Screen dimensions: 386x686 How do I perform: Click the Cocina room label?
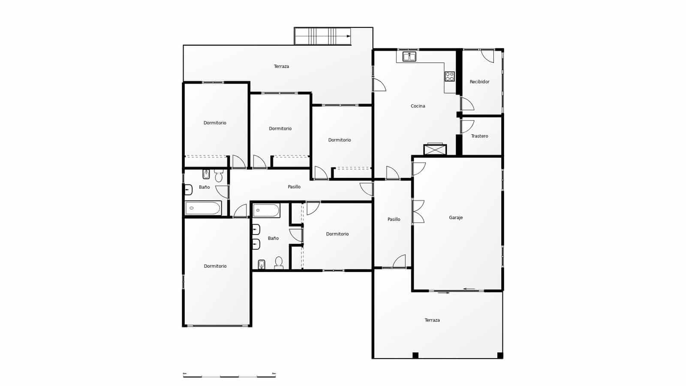pos(418,106)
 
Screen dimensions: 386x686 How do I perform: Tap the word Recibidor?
pos(479,81)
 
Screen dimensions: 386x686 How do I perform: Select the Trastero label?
pos(479,136)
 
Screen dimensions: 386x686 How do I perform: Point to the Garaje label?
pos(456,217)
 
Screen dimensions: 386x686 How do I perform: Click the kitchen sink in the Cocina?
pos(409,56)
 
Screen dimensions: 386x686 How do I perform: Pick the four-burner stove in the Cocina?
pos(449,76)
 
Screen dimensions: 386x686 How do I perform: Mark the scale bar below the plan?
pos(229,376)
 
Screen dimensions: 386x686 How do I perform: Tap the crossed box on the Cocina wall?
pos(435,150)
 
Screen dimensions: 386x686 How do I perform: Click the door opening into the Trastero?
pos(467,127)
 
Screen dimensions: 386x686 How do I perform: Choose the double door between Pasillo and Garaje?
pos(418,211)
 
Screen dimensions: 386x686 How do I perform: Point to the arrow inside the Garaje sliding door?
pos(469,289)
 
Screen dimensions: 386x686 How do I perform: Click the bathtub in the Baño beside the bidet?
pos(203,208)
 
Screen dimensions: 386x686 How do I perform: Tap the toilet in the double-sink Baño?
pos(279,262)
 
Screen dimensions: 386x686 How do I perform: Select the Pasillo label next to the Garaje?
pos(394,219)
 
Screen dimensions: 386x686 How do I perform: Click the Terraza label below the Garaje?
pos(432,320)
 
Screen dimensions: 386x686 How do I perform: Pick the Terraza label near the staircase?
pos(281,66)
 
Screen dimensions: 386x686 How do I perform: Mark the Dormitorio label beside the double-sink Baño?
pos(337,234)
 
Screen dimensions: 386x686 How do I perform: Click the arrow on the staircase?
pos(348,36)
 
